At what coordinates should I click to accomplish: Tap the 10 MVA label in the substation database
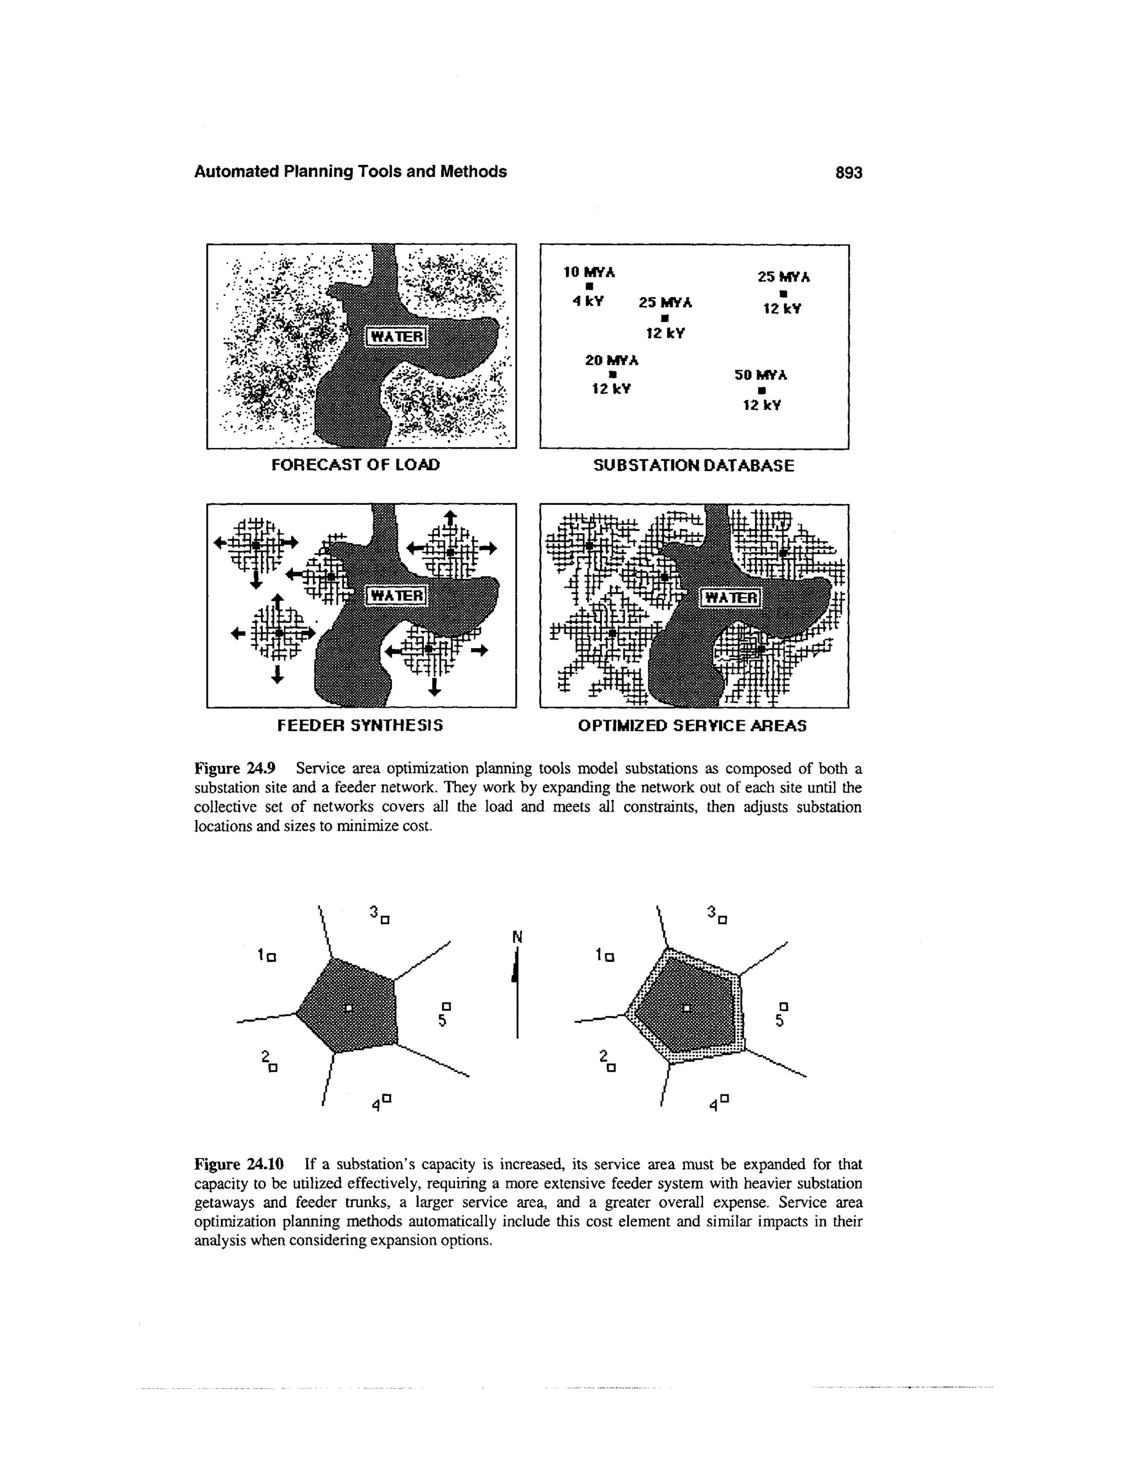point(589,272)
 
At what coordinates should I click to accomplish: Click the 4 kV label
point(588,302)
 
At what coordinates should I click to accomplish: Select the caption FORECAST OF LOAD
point(355,465)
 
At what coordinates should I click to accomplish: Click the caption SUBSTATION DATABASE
point(694,465)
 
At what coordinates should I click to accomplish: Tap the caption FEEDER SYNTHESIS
point(360,725)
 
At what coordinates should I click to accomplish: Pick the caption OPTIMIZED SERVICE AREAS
point(692,726)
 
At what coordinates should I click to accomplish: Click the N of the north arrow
point(517,936)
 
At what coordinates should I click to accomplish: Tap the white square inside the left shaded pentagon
point(348,1008)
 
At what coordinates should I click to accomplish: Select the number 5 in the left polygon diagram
point(442,1021)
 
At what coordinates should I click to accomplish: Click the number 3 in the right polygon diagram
point(711,912)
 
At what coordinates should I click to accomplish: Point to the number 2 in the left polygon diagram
point(264,1055)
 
